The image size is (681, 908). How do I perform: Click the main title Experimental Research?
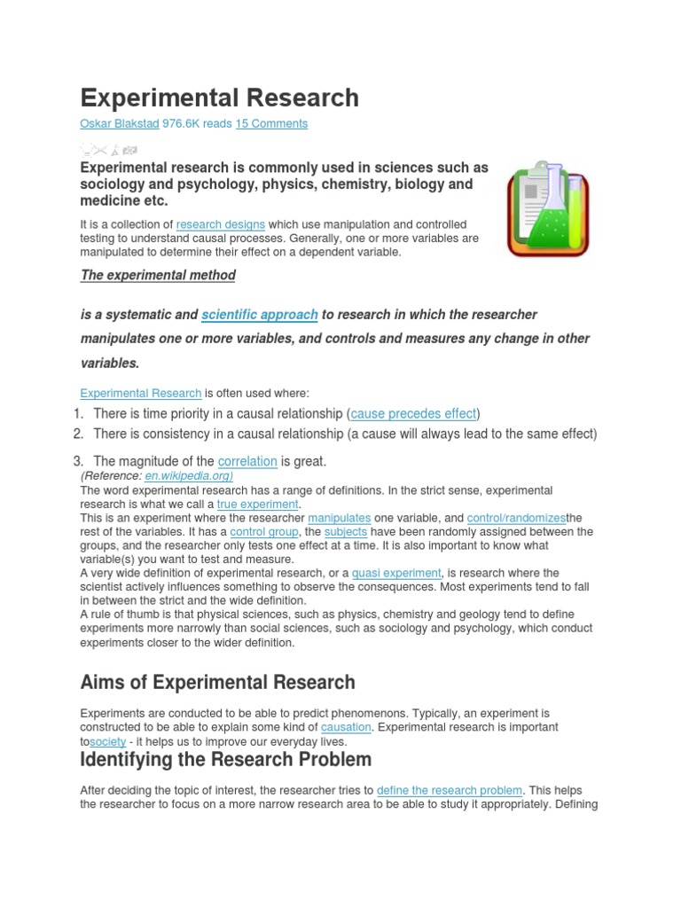tap(219, 98)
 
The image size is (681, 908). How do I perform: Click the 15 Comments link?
tap(271, 124)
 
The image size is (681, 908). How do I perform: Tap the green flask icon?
tap(545, 209)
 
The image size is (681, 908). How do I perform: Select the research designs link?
tap(221, 224)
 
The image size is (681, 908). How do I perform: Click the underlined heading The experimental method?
tap(158, 275)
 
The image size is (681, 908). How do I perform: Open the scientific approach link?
tap(260, 315)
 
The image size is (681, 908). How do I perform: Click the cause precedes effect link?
tap(414, 413)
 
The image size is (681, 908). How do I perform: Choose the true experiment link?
tap(257, 505)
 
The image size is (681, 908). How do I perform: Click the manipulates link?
tap(339, 518)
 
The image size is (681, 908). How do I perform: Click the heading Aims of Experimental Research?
tap(217, 683)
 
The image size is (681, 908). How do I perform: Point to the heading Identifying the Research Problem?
tap(225, 760)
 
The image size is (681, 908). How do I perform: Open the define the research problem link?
tap(450, 790)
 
